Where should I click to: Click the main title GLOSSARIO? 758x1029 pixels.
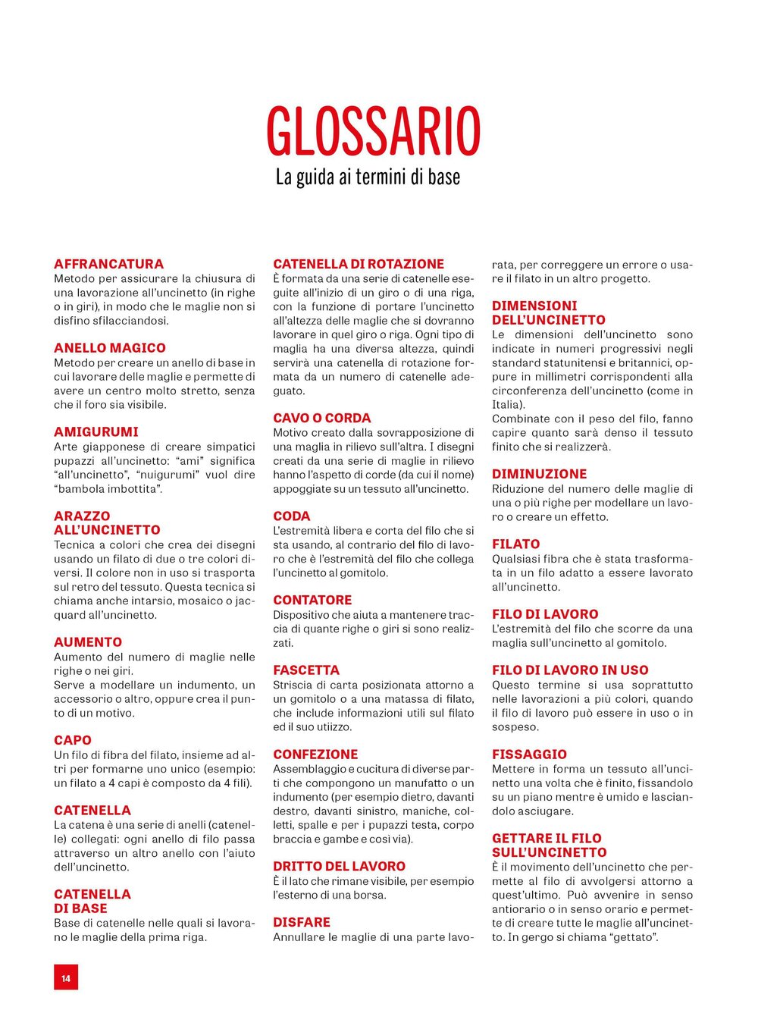tap(374, 131)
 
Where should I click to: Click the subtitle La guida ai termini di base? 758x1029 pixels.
tap(368, 177)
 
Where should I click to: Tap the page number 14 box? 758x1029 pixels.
tap(66, 978)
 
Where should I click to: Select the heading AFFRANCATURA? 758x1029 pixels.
tap(108, 264)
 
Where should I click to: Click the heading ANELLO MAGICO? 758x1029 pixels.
tap(110, 348)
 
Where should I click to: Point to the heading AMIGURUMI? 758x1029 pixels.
tap(96, 432)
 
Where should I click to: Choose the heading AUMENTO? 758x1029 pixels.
tap(88, 642)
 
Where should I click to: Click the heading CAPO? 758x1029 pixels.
tap(73, 740)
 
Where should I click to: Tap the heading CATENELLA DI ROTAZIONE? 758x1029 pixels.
tap(359, 264)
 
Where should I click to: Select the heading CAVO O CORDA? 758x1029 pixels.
tap(322, 418)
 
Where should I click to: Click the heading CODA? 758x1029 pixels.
tap(292, 516)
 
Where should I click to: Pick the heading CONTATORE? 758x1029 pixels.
tap(312, 600)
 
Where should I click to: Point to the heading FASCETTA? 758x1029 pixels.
tap(306, 670)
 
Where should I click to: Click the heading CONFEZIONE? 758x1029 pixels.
tap(315, 754)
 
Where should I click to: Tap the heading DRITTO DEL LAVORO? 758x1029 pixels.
tap(339, 866)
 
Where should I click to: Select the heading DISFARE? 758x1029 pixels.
tap(302, 922)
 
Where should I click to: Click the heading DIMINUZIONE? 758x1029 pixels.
tap(539, 474)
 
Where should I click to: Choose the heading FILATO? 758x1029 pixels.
tap(516, 544)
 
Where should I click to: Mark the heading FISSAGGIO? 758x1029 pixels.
tap(529, 754)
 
